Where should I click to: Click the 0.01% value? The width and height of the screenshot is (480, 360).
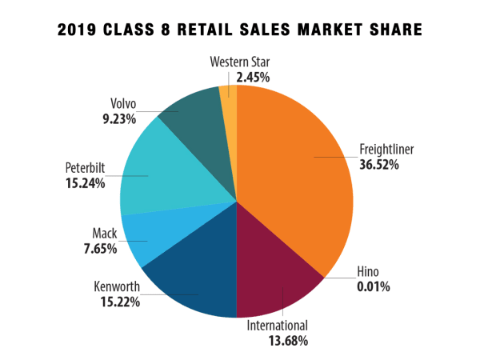pyautogui.click(x=373, y=286)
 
